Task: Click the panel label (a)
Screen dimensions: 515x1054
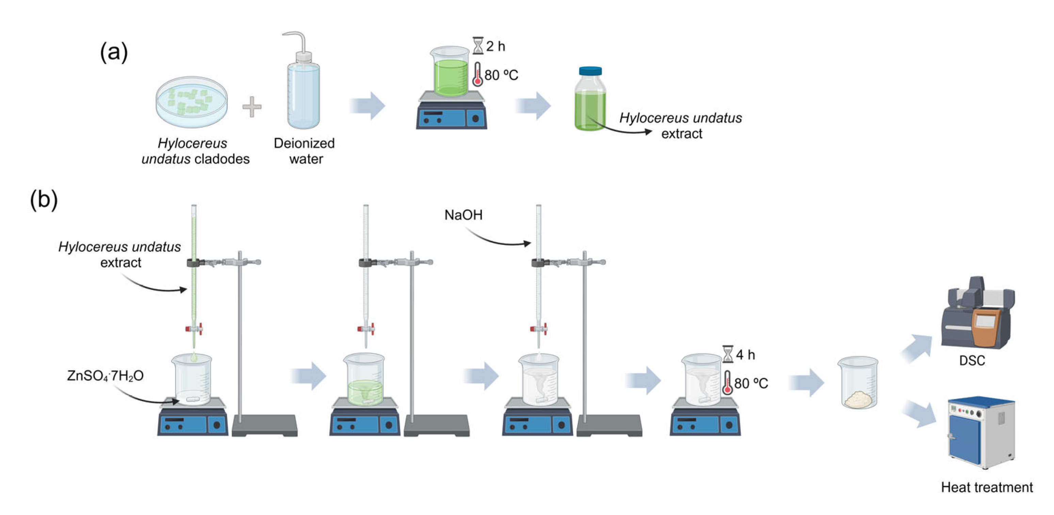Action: tap(114, 52)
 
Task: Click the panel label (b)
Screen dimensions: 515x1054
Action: tap(44, 200)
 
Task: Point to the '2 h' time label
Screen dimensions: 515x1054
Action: tap(496, 46)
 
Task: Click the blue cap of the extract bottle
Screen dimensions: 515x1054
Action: tap(590, 71)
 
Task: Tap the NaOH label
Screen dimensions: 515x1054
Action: tap(463, 215)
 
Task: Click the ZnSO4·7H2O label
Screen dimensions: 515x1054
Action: tap(105, 376)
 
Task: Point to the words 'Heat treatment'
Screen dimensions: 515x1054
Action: tap(987, 487)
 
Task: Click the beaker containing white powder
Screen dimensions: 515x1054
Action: tap(858, 383)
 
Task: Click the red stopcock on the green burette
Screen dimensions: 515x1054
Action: tap(194, 329)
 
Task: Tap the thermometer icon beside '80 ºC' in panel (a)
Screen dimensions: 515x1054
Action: tap(477, 75)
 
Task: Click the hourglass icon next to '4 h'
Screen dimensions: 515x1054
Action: tap(728, 354)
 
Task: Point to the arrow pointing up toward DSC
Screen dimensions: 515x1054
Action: tap(917, 348)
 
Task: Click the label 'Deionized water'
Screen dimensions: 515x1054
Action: tap(304, 151)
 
